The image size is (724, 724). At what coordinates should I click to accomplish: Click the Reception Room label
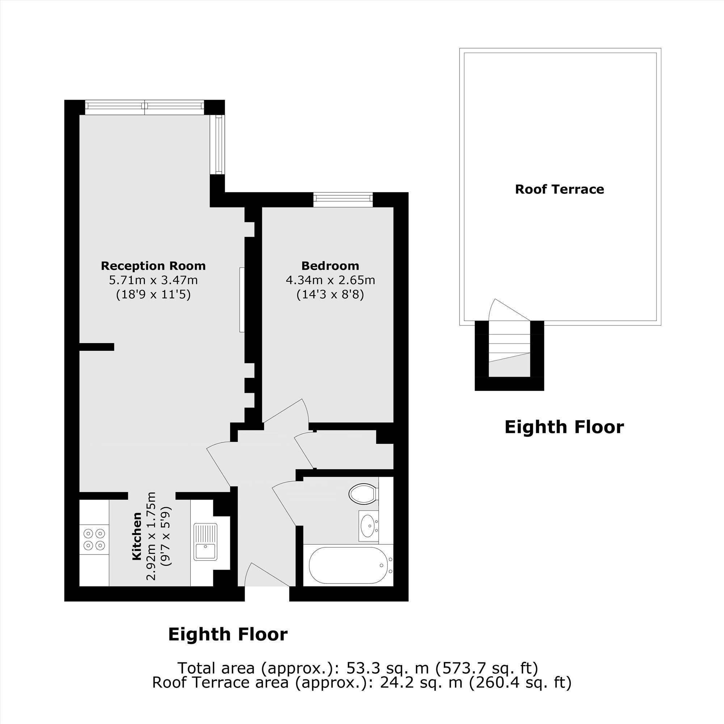point(153,266)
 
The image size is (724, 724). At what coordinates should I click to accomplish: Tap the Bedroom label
point(330,266)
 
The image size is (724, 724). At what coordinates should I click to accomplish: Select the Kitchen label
point(137,536)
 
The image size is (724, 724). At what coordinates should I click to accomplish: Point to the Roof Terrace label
point(560,189)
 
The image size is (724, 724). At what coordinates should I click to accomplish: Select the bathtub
point(348,565)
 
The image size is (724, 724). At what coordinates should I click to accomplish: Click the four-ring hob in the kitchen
point(94,539)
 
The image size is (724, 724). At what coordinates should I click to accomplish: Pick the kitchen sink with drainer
point(205,542)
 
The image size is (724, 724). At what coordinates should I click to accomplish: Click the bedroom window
point(343,199)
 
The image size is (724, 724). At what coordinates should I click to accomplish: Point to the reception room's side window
point(217,144)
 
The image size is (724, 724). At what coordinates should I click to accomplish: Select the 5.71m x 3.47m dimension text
point(153,280)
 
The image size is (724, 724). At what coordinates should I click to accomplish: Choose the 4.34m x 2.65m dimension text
point(330,280)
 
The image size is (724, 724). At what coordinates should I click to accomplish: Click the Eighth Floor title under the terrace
point(564,427)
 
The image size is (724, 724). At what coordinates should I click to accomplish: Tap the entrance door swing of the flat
point(267,575)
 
